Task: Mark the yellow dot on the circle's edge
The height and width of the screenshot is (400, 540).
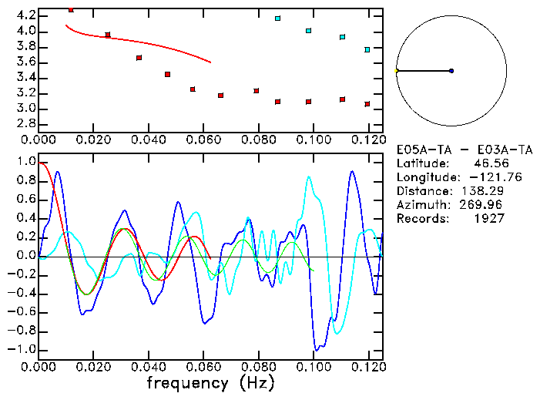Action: (x=396, y=71)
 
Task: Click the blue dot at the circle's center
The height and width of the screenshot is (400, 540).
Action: (x=451, y=71)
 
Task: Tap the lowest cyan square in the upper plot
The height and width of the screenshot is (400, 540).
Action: (x=367, y=49)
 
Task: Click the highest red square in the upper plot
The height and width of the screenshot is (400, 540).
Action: (x=71, y=10)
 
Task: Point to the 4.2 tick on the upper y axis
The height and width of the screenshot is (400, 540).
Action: (x=26, y=15)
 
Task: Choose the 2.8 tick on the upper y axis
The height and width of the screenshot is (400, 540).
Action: (x=26, y=124)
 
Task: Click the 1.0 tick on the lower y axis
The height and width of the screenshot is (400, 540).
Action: (x=26, y=162)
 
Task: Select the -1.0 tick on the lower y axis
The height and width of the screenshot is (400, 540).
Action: (x=24, y=349)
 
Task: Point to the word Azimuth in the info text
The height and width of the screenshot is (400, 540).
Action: (x=421, y=205)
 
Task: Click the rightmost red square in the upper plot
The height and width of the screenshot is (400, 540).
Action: (x=367, y=104)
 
